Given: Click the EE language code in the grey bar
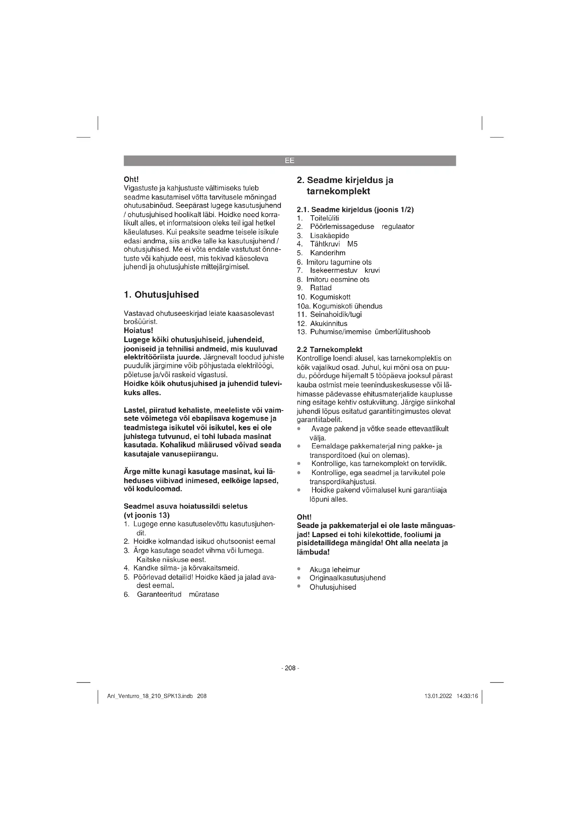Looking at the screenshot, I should [290, 161].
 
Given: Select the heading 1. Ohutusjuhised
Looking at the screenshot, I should [161, 294].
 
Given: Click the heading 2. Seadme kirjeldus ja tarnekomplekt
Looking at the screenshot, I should [345, 185].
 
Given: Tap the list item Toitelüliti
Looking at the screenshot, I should [324, 218].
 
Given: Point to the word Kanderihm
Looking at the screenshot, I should [328, 253].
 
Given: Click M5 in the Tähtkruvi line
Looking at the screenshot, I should [352, 244].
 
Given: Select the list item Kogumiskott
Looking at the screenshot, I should [330, 297].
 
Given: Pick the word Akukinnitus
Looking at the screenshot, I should [329, 324].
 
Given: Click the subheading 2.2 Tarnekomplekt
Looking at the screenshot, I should [329, 349].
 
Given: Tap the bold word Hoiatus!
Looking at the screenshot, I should [138, 330].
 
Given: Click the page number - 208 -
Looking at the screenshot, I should [290, 668].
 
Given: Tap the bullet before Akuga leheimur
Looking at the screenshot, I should [299, 569].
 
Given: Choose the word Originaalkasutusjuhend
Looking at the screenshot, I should [348, 578].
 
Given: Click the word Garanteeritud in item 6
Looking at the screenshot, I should [159, 594].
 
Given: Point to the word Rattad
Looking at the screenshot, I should [321, 288].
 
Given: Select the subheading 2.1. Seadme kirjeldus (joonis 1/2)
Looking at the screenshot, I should [355, 210].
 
